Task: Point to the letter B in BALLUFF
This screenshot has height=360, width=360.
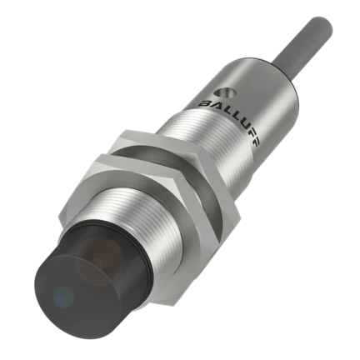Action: pyautogui.click(x=205, y=104)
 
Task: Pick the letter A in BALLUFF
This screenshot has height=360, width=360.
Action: pyautogui.click(x=217, y=105)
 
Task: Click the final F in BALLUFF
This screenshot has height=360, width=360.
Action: pyautogui.click(x=257, y=141)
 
